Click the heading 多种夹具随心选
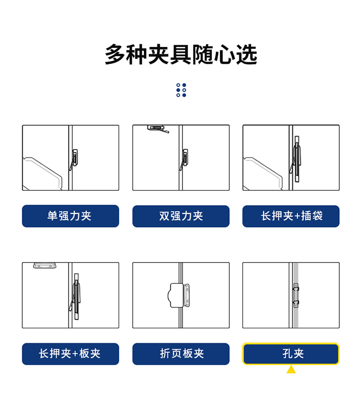(x=181, y=54)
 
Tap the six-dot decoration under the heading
(x=181, y=90)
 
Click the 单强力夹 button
(x=70, y=216)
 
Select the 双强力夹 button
(x=181, y=216)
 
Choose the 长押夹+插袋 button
(x=291, y=216)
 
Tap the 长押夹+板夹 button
(x=70, y=354)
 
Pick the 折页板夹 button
(x=181, y=354)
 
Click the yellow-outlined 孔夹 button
(x=291, y=354)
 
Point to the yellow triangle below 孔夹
(x=291, y=369)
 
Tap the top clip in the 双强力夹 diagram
(x=158, y=129)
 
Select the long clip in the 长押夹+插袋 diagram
(x=296, y=159)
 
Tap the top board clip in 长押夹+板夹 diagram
(x=44, y=265)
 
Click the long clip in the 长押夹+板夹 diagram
(x=76, y=296)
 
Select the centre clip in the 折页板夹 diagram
(x=179, y=295)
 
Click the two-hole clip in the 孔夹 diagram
(x=296, y=295)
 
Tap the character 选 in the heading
(x=247, y=54)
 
